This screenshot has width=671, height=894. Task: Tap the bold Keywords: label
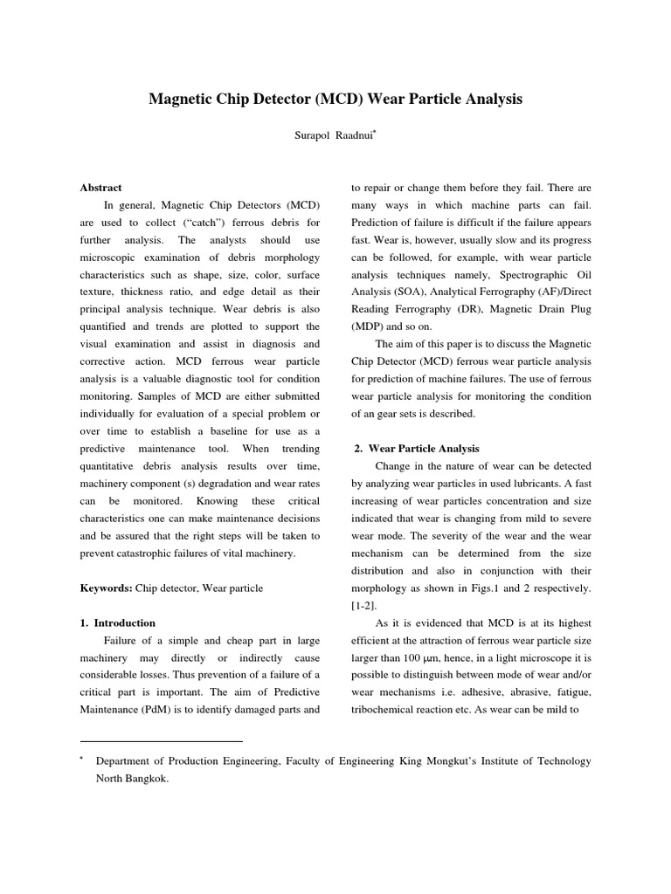(106, 588)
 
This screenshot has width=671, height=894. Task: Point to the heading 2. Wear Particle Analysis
(417, 449)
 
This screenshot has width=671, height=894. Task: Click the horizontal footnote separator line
(161, 741)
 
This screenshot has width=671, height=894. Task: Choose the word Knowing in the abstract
(218, 501)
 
